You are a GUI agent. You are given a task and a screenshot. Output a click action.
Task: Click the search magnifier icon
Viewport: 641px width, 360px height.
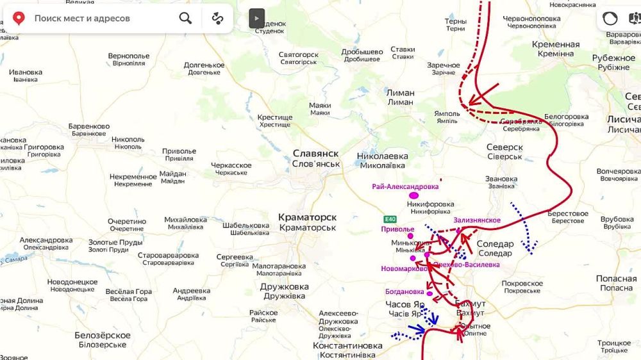click(x=185, y=18)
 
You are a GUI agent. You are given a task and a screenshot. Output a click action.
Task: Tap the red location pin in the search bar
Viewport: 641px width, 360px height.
click(x=19, y=18)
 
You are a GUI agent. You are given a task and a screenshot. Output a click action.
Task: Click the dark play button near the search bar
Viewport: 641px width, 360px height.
click(x=256, y=18)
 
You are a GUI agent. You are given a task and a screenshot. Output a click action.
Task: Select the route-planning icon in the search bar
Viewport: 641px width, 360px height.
click(x=217, y=18)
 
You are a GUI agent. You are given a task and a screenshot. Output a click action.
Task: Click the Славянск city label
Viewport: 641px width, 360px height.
click(x=316, y=154)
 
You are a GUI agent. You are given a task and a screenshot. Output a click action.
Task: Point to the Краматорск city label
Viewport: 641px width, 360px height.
click(x=307, y=218)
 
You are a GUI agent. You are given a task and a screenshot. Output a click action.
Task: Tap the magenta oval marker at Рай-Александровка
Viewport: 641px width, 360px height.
click(x=413, y=195)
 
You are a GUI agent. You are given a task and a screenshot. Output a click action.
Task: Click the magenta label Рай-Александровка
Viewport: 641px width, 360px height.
click(x=405, y=186)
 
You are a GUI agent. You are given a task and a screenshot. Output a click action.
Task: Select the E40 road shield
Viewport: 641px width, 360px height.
click(x=391, y=218)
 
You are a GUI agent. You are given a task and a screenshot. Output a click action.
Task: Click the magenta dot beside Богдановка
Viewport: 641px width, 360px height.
click(x=429, y=294)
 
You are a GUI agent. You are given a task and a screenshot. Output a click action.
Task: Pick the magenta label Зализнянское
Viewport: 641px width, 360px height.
click(x=477, y=220)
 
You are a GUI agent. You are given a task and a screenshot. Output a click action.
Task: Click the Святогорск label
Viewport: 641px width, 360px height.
click(x=298, y=55)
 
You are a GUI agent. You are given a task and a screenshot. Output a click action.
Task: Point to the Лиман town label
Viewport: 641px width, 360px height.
click(x=400, y=93)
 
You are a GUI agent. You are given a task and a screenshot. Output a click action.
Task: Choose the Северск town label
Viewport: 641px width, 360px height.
click(x=504, y=147)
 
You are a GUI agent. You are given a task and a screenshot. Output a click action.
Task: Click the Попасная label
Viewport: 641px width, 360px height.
click(x=616, y=279)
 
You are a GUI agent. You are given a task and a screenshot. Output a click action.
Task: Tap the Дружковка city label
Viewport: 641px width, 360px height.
click(x=284, y=287)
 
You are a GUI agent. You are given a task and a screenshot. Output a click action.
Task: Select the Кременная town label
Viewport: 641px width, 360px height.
click(x=556, y=45)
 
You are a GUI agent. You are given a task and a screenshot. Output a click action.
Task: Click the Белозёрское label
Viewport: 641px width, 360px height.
click(x=103, y=336)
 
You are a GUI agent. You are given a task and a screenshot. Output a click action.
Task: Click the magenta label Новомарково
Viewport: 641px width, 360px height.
click(x=404, y=268)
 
